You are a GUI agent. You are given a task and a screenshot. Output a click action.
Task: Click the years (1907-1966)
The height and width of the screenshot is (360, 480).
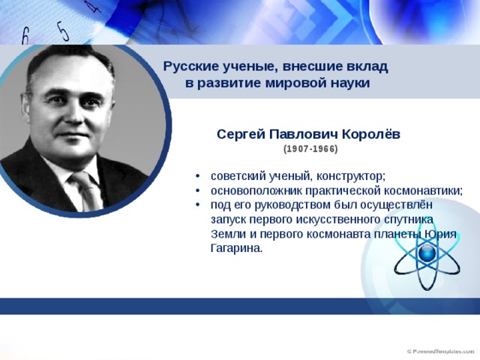(310, 149)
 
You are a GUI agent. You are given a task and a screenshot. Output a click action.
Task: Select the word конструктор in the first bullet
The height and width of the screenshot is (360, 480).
(350, 177)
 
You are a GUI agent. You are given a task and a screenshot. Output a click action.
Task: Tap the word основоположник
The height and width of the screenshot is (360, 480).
(256, 190)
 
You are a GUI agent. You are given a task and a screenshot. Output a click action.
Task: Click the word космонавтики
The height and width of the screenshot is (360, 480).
(423, 190)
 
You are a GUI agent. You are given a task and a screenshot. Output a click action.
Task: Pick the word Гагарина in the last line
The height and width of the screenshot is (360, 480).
(237, 248)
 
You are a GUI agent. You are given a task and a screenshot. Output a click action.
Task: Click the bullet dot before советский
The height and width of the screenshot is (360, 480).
(198, 177)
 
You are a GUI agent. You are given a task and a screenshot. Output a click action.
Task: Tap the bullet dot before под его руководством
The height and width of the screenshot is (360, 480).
(198, 205)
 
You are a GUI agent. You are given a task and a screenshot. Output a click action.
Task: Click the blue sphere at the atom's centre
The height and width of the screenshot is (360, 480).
(427, 253)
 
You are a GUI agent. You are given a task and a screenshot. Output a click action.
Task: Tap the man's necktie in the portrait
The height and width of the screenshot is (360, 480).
(86, 190)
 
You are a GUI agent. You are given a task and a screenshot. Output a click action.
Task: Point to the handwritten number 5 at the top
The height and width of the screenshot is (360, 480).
(62, 31)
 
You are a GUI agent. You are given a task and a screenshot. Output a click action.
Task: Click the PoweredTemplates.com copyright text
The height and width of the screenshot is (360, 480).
(440, 352)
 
